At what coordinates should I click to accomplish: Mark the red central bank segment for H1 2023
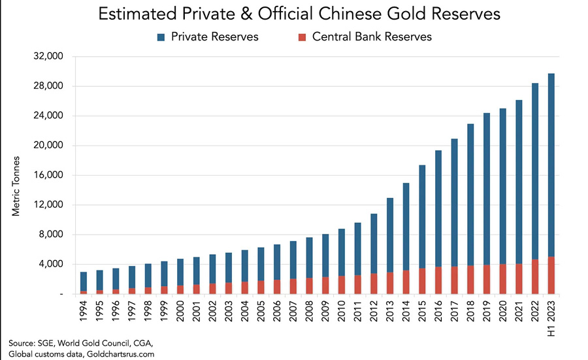pos(551,276)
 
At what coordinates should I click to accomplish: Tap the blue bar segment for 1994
pos(84,282)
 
